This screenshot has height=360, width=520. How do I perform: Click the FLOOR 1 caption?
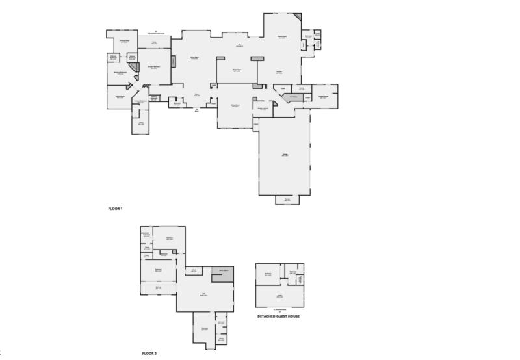[115, 209]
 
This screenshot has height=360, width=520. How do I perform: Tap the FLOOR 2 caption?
[149, 354]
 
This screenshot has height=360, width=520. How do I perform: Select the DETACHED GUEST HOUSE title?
[279, 316]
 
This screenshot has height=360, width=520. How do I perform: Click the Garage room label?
[285, 155]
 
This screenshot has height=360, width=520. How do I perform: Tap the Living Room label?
[194, 58]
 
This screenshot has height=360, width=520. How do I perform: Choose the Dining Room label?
[237, 70]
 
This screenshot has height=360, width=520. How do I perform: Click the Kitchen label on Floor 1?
[279, 72]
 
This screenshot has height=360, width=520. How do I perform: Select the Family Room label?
[283, 37]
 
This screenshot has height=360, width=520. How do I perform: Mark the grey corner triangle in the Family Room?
[298, 17]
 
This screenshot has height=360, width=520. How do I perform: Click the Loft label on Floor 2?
[203, 294]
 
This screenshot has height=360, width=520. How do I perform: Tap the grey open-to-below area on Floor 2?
[223, 273]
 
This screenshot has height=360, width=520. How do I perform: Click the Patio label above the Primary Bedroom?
[154, 43]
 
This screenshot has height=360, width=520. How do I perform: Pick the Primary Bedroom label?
[154, 67]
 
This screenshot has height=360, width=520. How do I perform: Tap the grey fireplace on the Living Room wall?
[174, 61]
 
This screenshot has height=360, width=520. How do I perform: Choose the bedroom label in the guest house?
[268, 274]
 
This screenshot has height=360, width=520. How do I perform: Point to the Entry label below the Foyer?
[197, 111]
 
